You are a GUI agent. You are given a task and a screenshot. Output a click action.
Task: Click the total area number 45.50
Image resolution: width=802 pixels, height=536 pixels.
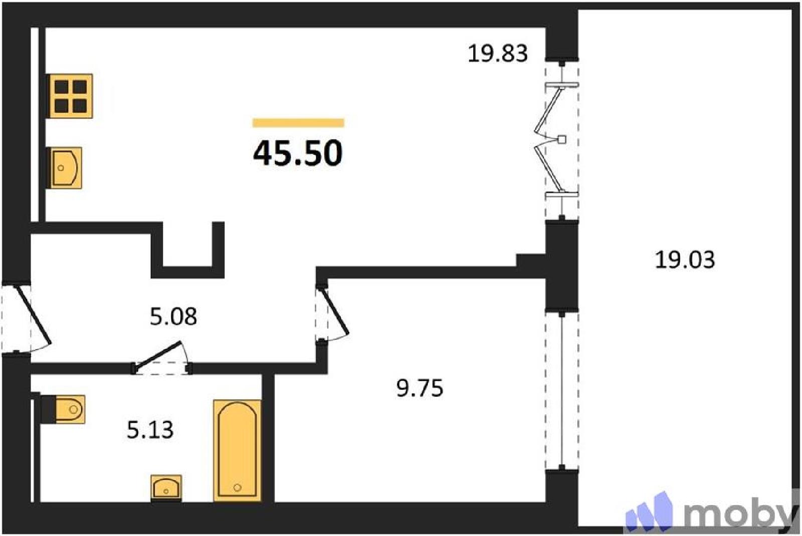(298, 153)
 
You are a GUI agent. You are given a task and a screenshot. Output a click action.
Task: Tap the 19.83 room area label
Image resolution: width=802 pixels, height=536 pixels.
(498, 54)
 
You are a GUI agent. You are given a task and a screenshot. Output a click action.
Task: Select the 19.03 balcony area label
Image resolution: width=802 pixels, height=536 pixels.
(685, 260)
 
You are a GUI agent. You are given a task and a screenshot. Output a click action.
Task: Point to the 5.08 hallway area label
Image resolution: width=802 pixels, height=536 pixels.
(173, 316)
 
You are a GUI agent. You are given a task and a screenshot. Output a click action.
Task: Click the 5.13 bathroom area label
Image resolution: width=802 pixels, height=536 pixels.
(150, 430)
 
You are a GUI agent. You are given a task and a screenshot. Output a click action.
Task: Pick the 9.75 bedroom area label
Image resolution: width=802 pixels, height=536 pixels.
(420, 388)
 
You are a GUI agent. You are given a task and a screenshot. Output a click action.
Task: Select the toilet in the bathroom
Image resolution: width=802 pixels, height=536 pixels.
(63, 409)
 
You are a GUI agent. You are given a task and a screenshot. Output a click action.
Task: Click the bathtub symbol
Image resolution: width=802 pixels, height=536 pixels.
(237, 450)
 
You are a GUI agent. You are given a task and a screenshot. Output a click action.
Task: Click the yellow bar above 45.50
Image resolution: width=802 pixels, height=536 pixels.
(298, 123)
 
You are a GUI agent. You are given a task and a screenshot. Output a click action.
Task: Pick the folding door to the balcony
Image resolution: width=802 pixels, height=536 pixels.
(555, 140)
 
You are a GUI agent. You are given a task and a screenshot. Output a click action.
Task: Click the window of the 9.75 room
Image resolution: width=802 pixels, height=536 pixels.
(562, 392)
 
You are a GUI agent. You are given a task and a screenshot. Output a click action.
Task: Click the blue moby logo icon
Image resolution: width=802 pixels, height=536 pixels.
(649, 511)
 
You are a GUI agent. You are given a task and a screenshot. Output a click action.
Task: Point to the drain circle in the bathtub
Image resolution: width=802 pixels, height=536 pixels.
(237, 487)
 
